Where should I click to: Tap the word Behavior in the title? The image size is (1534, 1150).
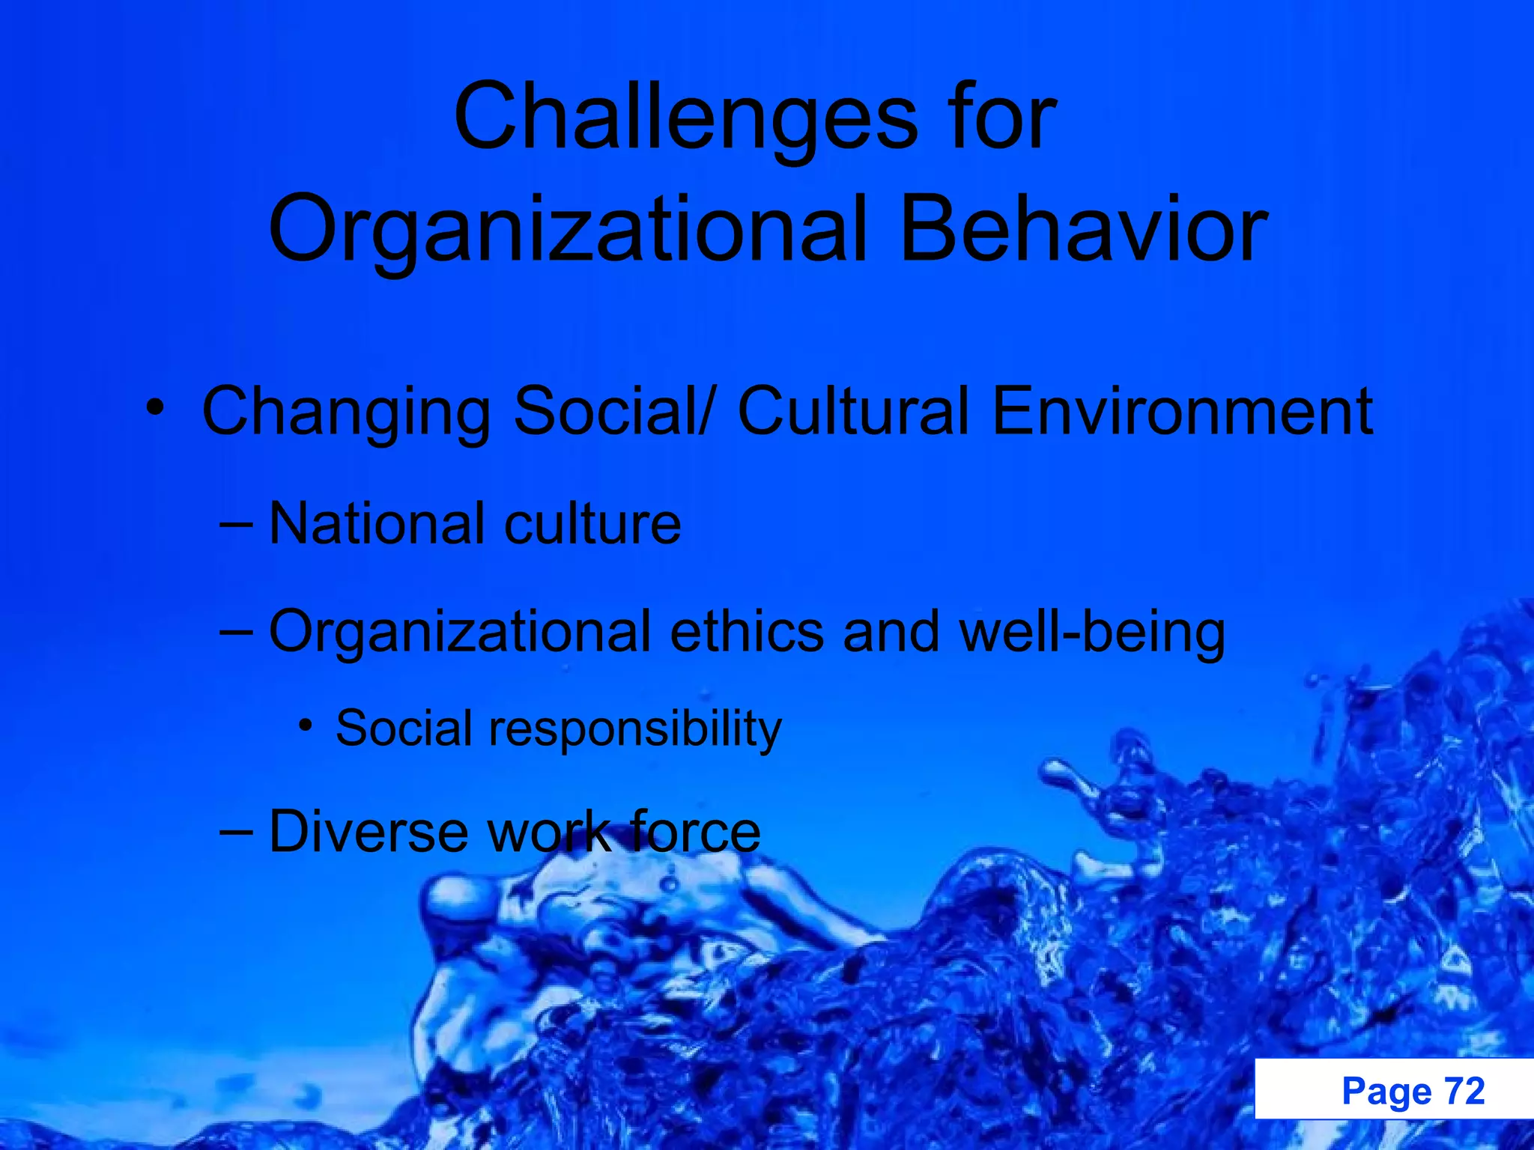(1083, 229)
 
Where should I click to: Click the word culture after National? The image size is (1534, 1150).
(592, 523)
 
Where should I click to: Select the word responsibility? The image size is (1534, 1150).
(635, 728)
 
